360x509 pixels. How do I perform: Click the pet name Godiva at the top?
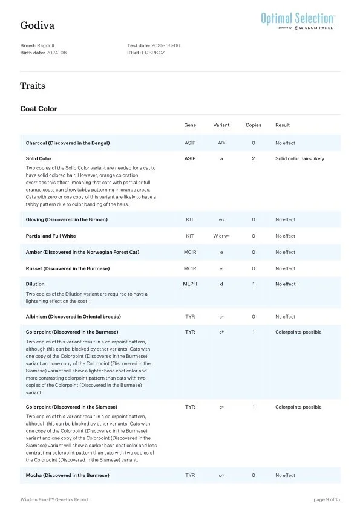(37, 25)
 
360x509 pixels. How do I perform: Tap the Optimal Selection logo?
(298, 20)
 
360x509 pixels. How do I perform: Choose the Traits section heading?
(33, 86)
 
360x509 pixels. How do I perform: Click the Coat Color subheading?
(39, 109)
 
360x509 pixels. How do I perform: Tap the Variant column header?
(221, 125)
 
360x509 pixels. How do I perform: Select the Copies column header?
(254, 125)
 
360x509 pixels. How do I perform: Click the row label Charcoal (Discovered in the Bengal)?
(68, 143)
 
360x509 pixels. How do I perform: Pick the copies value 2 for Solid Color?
(254, 158)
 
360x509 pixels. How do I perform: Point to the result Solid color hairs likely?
(299, 158)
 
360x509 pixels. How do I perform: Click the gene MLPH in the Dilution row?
(190, 284)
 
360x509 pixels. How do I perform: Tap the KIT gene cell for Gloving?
(190, 219)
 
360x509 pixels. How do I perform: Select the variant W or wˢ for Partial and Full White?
(221, 236)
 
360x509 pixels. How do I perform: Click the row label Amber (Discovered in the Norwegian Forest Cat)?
(82, 252)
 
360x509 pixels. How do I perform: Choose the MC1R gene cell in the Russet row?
(190, 268)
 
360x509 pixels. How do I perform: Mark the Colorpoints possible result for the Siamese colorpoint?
(298, 407)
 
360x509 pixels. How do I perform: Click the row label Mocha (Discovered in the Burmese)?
(68, 476)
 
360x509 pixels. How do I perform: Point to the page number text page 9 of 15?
(327, 499)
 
